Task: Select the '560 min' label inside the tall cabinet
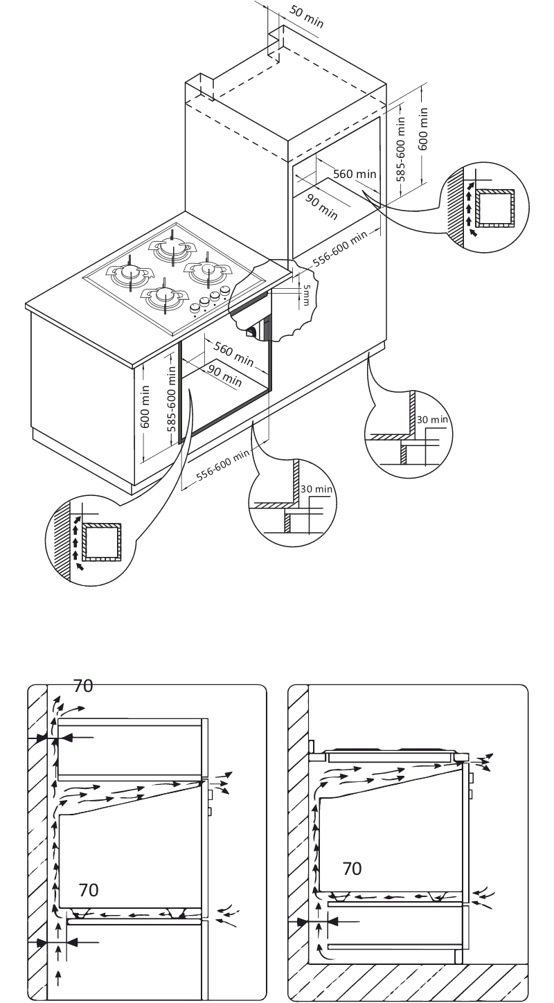355,174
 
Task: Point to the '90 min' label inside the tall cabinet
321,206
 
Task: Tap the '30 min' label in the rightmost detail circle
432,419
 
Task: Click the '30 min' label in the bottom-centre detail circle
318,489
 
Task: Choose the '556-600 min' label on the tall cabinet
340,249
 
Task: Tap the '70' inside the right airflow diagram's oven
352,868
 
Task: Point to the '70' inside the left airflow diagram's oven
88,889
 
